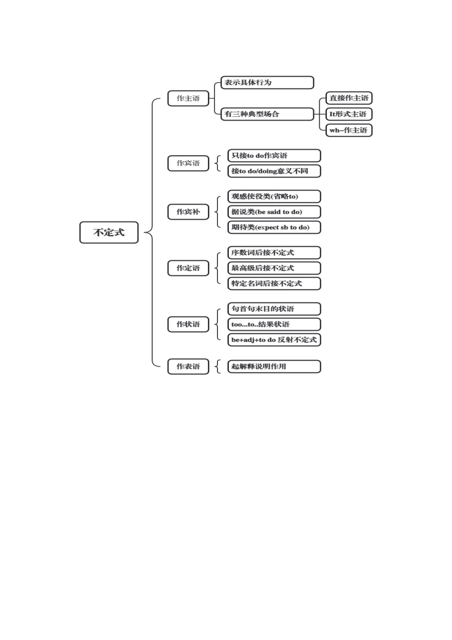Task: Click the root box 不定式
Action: coord(108,232)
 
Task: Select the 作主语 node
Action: coord(188,99)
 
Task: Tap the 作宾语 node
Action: coord(188,163)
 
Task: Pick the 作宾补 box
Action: coord(188,212)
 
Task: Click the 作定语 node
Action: coord(188,268)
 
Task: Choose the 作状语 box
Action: coord(188,324)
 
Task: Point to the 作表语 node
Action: coord(188,367)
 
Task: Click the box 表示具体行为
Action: coord(267,82)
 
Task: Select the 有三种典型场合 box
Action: coord(267,114)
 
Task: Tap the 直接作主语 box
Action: coord(349,98)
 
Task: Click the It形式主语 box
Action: coord(349,114)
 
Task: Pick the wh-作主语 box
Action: coord(349,130)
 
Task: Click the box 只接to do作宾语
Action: coord(274,156)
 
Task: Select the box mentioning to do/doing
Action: coord(274,171)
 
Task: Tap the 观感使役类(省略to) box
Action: coord(274,197)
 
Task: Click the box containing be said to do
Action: coord(274,212)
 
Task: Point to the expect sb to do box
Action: coord(274,228)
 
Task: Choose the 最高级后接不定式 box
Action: coord(274,268)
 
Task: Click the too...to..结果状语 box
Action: coord(274,324)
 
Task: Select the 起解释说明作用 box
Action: coord(274,367)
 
